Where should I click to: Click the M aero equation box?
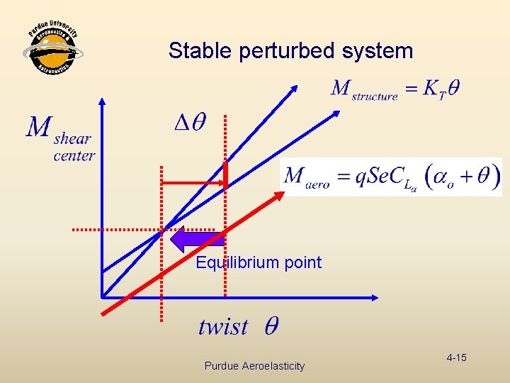391,177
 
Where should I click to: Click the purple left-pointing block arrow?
198,240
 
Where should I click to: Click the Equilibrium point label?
259,263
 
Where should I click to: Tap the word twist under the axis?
223,327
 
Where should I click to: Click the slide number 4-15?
456,357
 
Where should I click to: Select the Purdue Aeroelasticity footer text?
254,366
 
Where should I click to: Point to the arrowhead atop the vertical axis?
103,101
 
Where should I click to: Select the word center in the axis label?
74,155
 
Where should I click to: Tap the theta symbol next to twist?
271,327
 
